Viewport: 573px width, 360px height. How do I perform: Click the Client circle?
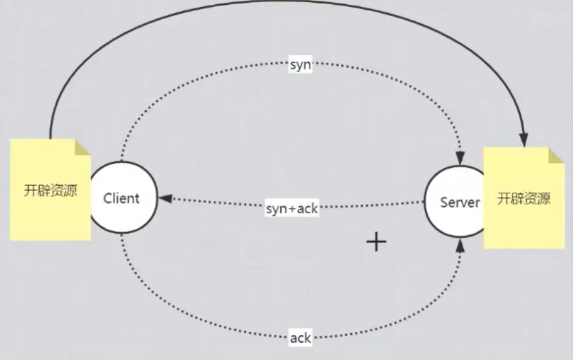click(x=121, y=198)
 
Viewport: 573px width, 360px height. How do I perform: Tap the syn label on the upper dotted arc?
click(x=300, y=66)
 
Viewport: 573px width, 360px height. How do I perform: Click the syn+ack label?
click(x=292, y=208)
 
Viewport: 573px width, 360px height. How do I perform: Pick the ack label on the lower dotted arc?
click(x=300, y=338)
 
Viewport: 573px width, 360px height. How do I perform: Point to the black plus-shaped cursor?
click(x=377, y=242)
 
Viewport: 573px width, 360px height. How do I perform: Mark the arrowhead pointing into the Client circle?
click(x=165, y=199)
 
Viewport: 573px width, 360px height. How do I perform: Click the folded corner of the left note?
click(x=83, y=147)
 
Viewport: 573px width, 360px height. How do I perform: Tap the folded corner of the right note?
click(x=556, y=155)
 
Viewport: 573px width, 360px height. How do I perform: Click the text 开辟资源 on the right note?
click(x=523, y=199)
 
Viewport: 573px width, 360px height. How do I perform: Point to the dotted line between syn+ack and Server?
click(x=374, y=205)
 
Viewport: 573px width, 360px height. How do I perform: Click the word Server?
click(x=460, y=203)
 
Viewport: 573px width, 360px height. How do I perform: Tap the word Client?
click(x=122, y=198)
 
